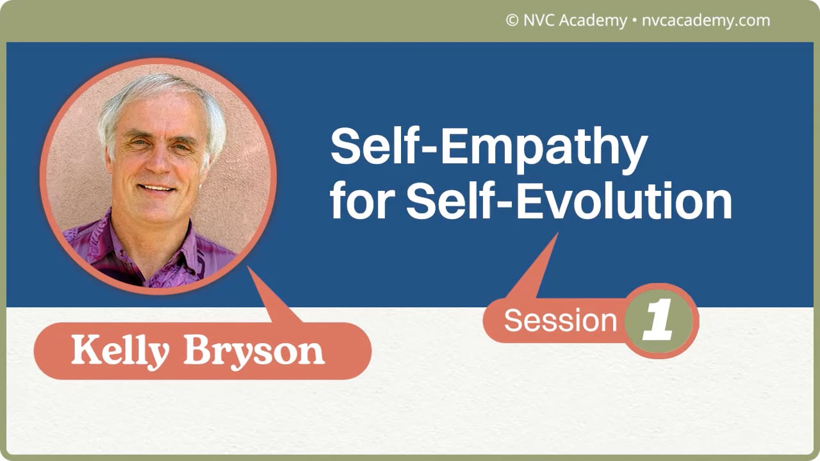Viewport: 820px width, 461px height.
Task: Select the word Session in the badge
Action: [x=560, y=320]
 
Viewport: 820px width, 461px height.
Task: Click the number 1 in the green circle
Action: [x=659, y=320]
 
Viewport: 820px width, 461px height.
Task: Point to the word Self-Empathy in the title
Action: [x=489, y=147]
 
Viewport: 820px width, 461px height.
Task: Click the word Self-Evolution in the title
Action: [x=569, y=201]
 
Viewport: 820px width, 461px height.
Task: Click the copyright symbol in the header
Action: [x=512, y=20]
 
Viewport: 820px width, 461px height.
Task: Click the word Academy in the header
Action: [x=593, y=20]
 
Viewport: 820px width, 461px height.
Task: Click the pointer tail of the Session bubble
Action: [x=535, y=269]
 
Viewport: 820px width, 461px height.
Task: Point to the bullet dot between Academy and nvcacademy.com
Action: [x=634, y=20]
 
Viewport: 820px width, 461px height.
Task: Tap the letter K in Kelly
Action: [x=84, y=351]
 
